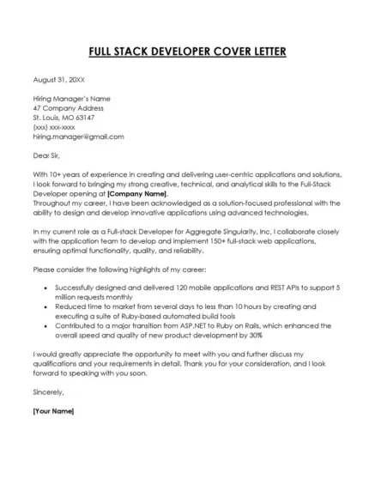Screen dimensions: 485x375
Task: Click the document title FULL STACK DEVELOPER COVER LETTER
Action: (x=187, y=50)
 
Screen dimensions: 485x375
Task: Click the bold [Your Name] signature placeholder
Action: (x=53, y=411)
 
